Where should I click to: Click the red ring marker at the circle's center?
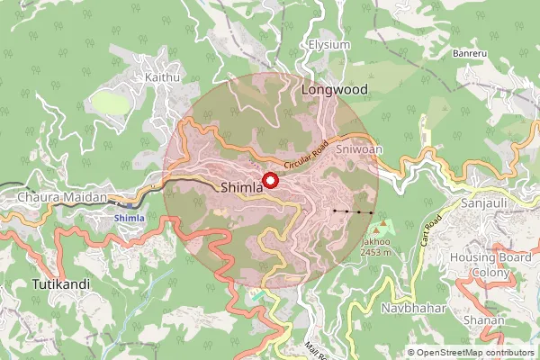(271, 179)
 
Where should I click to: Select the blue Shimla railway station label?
(129, 218)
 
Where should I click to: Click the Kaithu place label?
(163, 77)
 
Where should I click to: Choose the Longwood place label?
(335, 90)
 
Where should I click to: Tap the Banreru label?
(470, 54)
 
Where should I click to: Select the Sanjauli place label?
(484, 203)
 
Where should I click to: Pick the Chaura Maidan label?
(62, 196)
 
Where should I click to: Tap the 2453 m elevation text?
(375, 252)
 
